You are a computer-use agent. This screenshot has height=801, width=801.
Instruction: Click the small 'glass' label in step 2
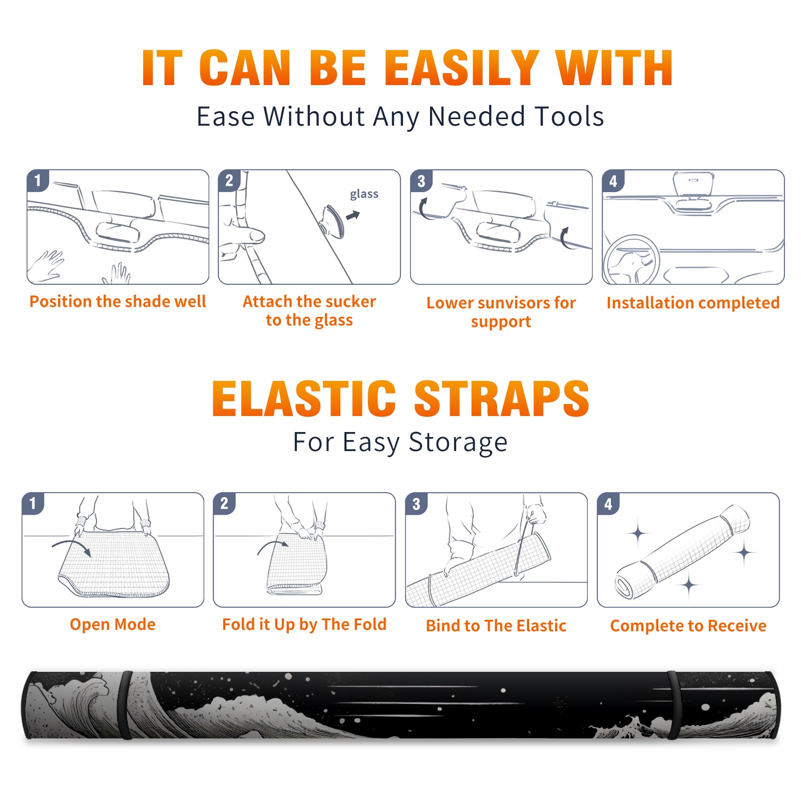[x=364, y=194]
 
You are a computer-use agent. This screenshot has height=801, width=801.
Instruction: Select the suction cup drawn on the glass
[x=332, y=221]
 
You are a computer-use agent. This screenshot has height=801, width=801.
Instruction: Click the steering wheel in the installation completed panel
[x=631, y=259]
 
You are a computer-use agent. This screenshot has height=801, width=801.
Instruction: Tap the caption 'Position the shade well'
[x=118, y=301]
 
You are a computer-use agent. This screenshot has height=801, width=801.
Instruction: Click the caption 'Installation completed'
[x=693, y=303]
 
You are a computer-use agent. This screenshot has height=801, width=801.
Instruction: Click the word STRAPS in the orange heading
[x=501, y=398]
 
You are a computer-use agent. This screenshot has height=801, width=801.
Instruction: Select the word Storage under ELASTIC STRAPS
[x=458, y=443]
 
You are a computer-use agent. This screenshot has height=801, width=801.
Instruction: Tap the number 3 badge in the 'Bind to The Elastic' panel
[x=416, y=504]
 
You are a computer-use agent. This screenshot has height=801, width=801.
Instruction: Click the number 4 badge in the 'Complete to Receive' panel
[x=608, y=504]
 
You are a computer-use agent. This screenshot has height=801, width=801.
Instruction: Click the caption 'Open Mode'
[x=113, y=624]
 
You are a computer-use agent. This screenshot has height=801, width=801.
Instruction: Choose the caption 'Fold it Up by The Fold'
[x=304, y=625]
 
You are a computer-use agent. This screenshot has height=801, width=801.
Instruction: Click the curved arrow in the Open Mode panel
[x=72, y=545]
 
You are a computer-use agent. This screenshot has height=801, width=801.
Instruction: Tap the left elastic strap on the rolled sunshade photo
[x=125, y=705]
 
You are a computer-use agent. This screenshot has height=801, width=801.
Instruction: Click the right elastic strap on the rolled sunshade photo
[x=674, y=705]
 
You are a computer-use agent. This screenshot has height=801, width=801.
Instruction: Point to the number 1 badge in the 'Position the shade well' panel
[x=38, y=180]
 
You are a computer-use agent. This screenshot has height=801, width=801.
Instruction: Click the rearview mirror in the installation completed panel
[x=692, y=184]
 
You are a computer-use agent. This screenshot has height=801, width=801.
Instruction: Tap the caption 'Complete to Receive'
[x=688, y=626]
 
